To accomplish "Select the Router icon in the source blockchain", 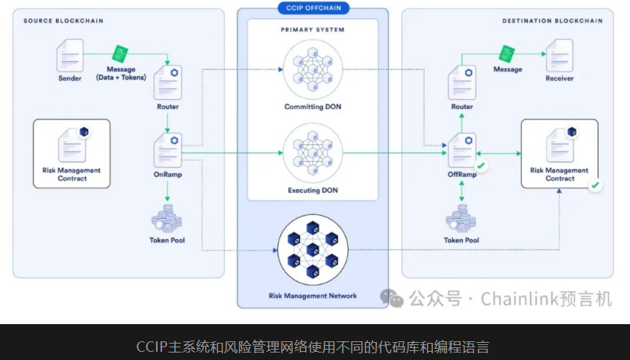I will [168, 82].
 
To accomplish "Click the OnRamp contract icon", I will [168, 150].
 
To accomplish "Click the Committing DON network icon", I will [311, 72].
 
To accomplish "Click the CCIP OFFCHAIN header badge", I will [313, 8].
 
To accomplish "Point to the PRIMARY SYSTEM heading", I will [312, 30].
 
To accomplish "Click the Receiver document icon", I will [559, 55].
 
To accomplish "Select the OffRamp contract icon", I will [462, 150].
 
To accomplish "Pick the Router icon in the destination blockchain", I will [462, 82].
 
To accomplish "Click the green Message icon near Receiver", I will [508, 54].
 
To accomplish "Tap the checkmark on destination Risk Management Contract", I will [595, 184].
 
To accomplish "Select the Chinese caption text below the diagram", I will [314, 347].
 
